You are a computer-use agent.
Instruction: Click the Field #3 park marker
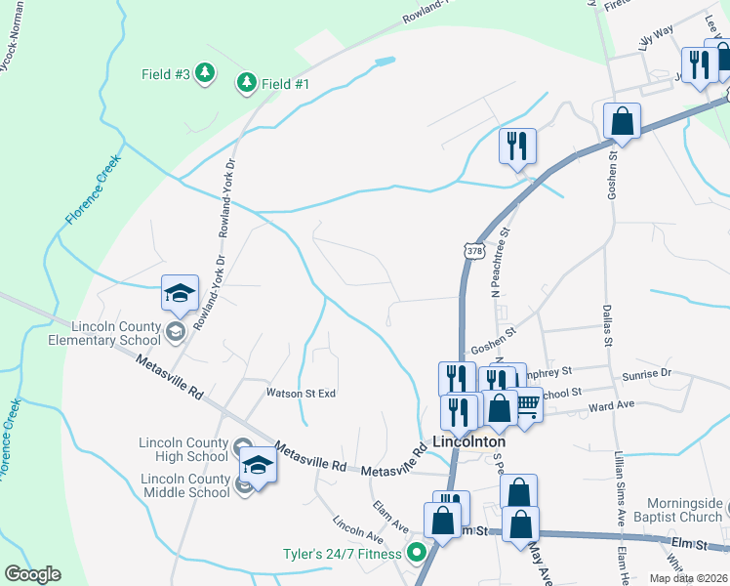(204, 73)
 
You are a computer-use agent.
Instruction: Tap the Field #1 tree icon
(247, 84)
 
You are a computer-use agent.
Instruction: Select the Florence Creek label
(94, 189)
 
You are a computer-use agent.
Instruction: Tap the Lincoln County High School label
(183, 448)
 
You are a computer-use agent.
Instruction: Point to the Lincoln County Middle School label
(185, 485)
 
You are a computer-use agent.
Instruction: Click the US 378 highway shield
(474, 251)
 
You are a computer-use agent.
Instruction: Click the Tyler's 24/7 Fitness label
(342, 554)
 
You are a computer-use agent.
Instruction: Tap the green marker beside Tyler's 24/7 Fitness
(418, 554)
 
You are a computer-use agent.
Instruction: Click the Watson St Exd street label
(301, 393)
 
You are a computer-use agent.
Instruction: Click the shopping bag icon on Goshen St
(622, 122)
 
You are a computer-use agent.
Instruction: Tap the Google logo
(32, 574)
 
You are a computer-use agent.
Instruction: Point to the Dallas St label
(604, 323)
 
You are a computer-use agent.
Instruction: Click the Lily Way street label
(656, 39)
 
